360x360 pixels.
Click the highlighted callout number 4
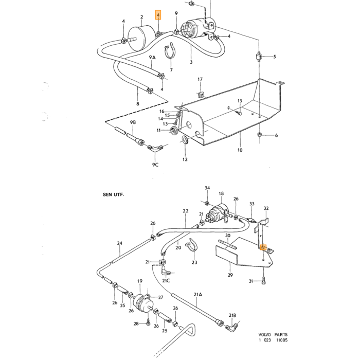click(158, 15)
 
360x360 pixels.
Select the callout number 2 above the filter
click(141, 17)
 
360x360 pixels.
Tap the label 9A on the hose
click(152, 58)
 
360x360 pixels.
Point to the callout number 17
click(200, 79)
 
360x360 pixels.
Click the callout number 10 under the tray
click(240, 150)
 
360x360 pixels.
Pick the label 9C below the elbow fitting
click(155, 165)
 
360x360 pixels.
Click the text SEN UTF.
click(113, 194)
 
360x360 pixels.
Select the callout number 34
click(207, 188)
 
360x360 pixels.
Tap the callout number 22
click(186, 211)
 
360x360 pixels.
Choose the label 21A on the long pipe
click(197, 295)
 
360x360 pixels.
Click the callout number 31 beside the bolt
click(251, 281)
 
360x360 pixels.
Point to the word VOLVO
click(265, 335)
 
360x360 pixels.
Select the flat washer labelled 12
click(185, 139)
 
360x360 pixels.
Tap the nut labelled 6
click(259, 134)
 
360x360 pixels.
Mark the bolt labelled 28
click(148, 322)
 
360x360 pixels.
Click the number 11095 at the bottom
click(282, 340)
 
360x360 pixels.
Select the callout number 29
click(230, 275)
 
